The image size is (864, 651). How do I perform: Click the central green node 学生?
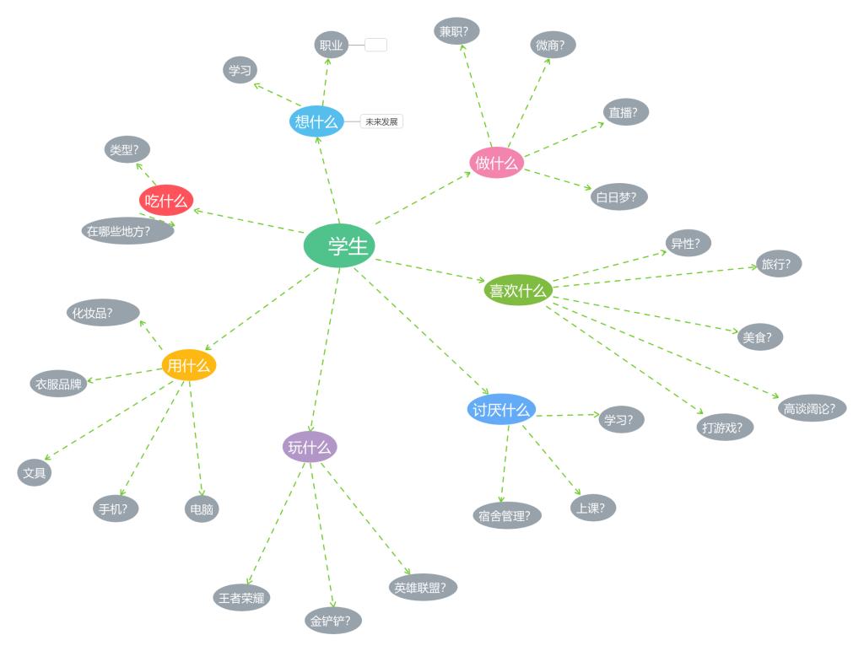[x=339, y=245]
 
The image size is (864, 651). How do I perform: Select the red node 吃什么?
[x=166, y=201]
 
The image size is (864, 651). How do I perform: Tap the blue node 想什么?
[x=316, y=121]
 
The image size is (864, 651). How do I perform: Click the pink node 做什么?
[x=497, y=163]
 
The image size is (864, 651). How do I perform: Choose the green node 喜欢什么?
[x=518, y=290]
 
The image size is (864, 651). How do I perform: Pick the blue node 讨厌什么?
[x=501, y=410]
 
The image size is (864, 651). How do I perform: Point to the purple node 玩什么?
[x=310, y=447]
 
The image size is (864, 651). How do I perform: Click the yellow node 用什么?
[x=189, y=365]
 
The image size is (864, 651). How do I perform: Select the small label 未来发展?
[x=381, y=121]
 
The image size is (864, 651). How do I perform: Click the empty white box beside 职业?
[x=376, y=45]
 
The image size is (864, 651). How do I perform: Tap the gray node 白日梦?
[x=619, y=197]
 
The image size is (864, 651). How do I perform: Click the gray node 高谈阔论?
[x=812, y=408]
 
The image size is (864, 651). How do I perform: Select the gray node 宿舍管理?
[x=506, y=515]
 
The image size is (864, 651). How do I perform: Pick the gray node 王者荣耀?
[x=241, y=598]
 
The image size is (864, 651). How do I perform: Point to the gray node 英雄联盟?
[x=423, y=587]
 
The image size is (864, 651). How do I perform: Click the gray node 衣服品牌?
[x=58, y=384]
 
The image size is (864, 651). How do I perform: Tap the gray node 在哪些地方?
[x=127, y=231]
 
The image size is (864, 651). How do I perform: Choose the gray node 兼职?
[x=456, y=31]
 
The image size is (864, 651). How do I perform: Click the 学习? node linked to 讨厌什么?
[x=622, y=419]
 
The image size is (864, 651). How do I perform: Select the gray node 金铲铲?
[x=333, y=621]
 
